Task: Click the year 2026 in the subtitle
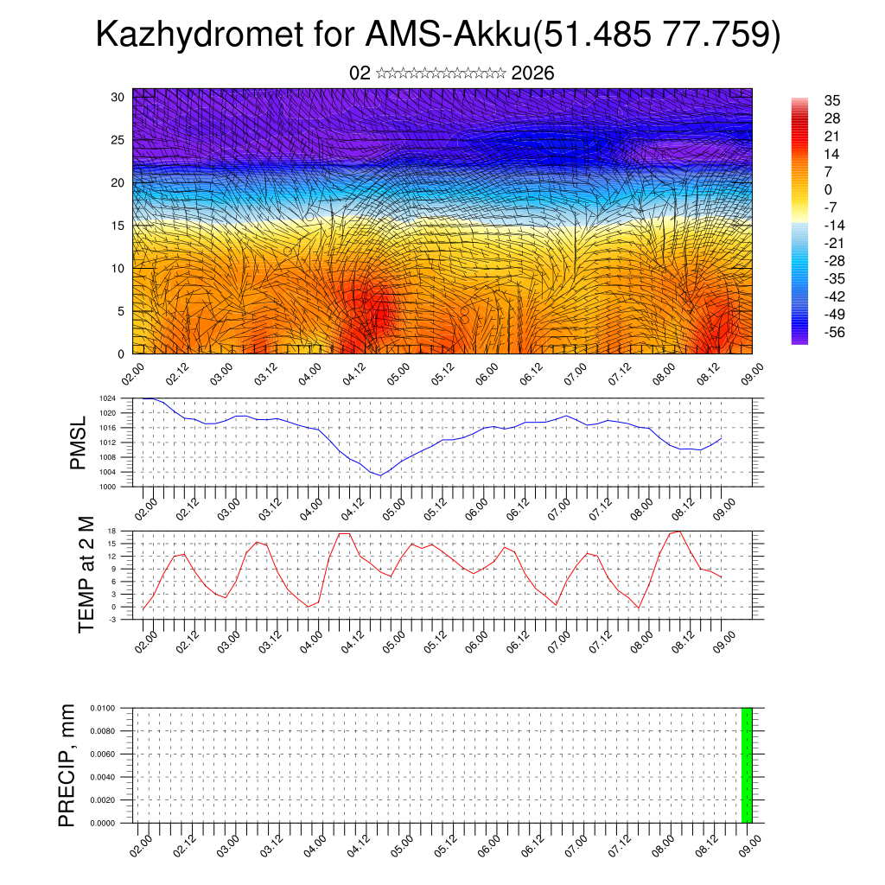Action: pyautogui.click(x=532, y=73)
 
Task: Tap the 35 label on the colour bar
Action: pyautogui.click(x=808, y=100)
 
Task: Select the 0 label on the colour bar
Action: pyautogui.click(x=804, y=189)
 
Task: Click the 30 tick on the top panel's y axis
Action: pyautogui.click(x=118, y=97)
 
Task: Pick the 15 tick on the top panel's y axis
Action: pyautogui.click(x=118, y=226)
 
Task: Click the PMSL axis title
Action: pyautogui.click(x=79, y=442)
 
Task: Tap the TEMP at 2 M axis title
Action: pyautogui.click(x=86, y=575)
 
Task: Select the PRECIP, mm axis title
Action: pyautogui.click(x=67, y=765)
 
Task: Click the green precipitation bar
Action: pyautogui.click(x=747, y=765)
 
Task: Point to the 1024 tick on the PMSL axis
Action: pyautogui.click(x=107, y=398)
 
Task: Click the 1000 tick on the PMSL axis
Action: pyautogui.click(x=107, y=487)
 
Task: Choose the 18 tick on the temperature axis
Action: pyautogui.click(x=112, y=531)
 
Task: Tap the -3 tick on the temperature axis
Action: pyautogui.click(x=112, y=620)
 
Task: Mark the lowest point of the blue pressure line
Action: pyautogui.click(x=380, y=475)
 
